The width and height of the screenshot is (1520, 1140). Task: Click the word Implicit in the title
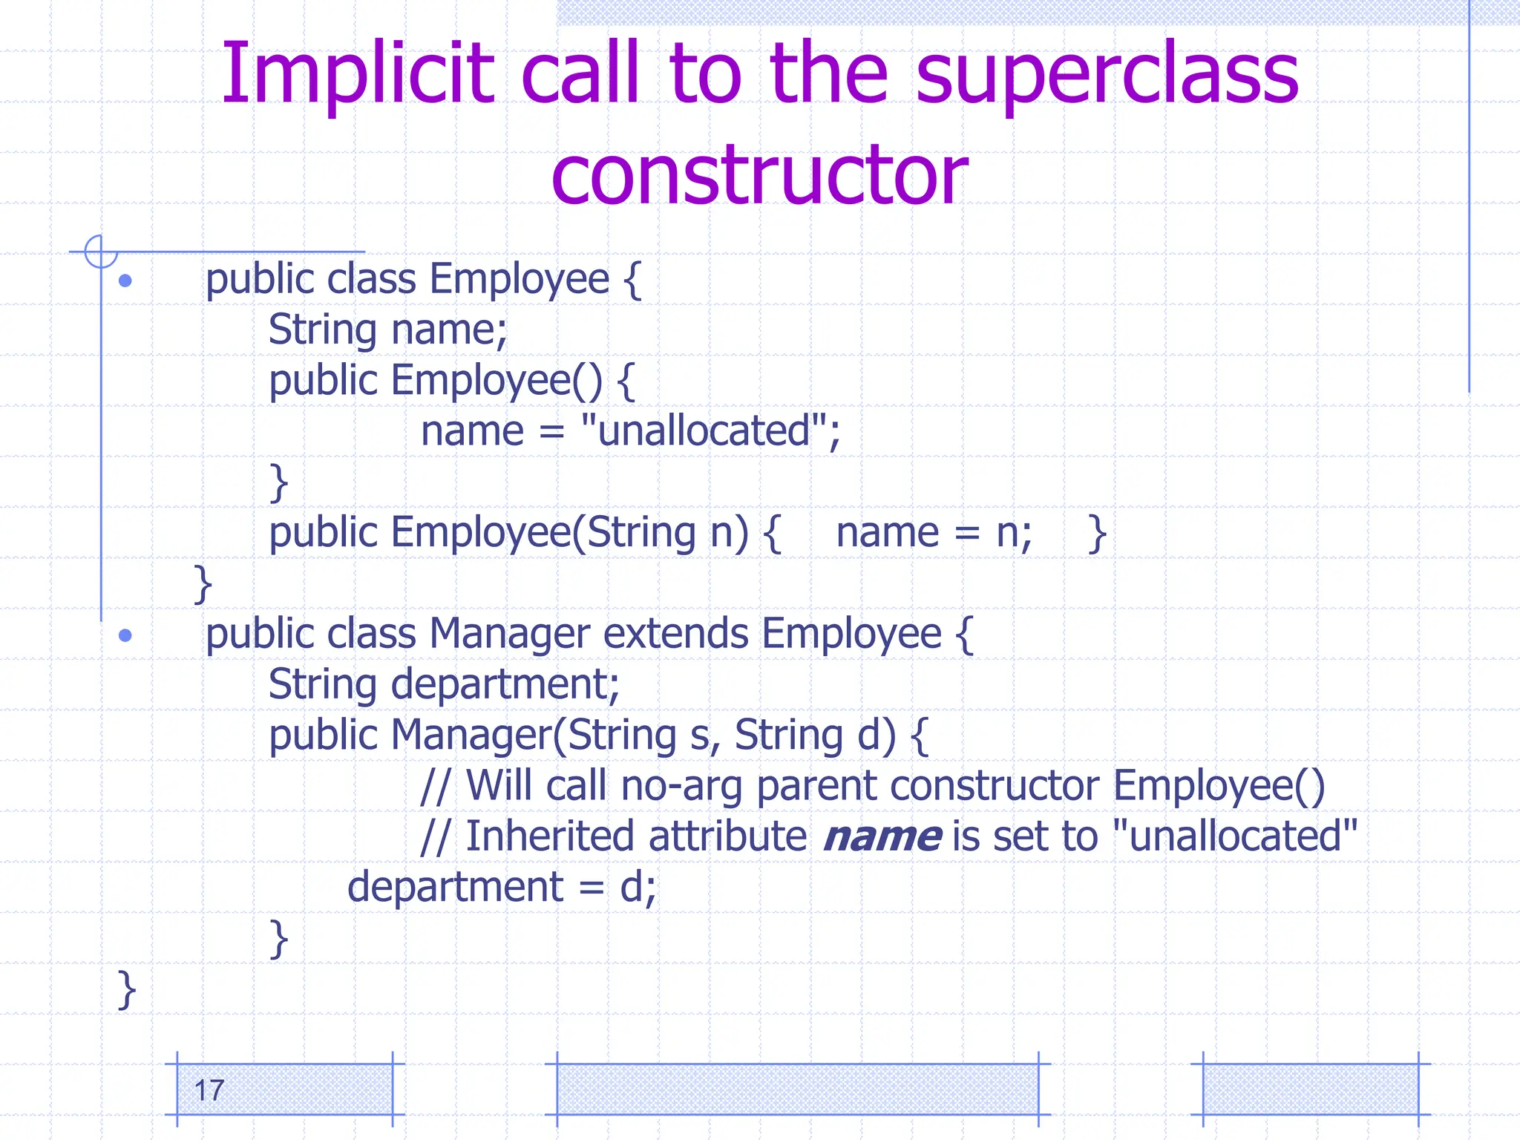pos(358,74)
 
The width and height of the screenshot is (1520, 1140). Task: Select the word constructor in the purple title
pos(759,175)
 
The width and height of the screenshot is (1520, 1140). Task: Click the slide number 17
pos(209,1091)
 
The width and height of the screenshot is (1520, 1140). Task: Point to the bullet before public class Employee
pos(125,281)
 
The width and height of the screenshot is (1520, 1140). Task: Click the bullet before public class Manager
pos(125,635)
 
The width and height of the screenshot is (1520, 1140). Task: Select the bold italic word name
pos(882,836)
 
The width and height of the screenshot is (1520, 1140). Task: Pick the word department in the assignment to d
pos(456,887)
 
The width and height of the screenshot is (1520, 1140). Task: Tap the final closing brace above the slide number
pos(127,989)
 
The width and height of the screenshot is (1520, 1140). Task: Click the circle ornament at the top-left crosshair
pos(101,252)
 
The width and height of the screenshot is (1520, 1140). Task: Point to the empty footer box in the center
pos(797,1089)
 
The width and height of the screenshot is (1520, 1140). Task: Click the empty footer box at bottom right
pos(1310,1089)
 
